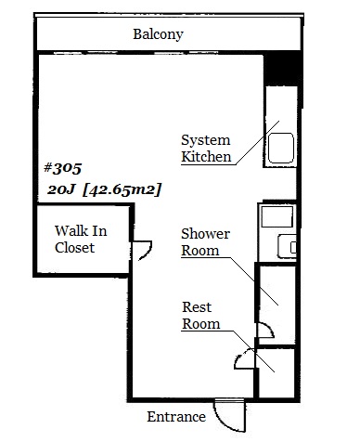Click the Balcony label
(x=158, y=34)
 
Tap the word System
(x=206, y=140)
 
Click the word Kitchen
(x=206, y=157)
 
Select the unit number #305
(x=63, y=168)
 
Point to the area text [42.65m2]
(x=122, y=189)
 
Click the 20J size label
(x=61, y=189)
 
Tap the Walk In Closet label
(x=81, y=240)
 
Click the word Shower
(x=205, y=234)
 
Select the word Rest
(x=197, y=307)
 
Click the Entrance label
(x=176, y=417)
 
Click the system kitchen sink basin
(x=281, y=148)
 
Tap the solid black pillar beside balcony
(x=282, y=69)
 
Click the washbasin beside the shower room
(x=287, y=246)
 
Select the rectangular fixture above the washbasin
(x=277, y=216)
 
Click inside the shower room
(x=276, y=304)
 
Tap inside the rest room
(x=276, y=373)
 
